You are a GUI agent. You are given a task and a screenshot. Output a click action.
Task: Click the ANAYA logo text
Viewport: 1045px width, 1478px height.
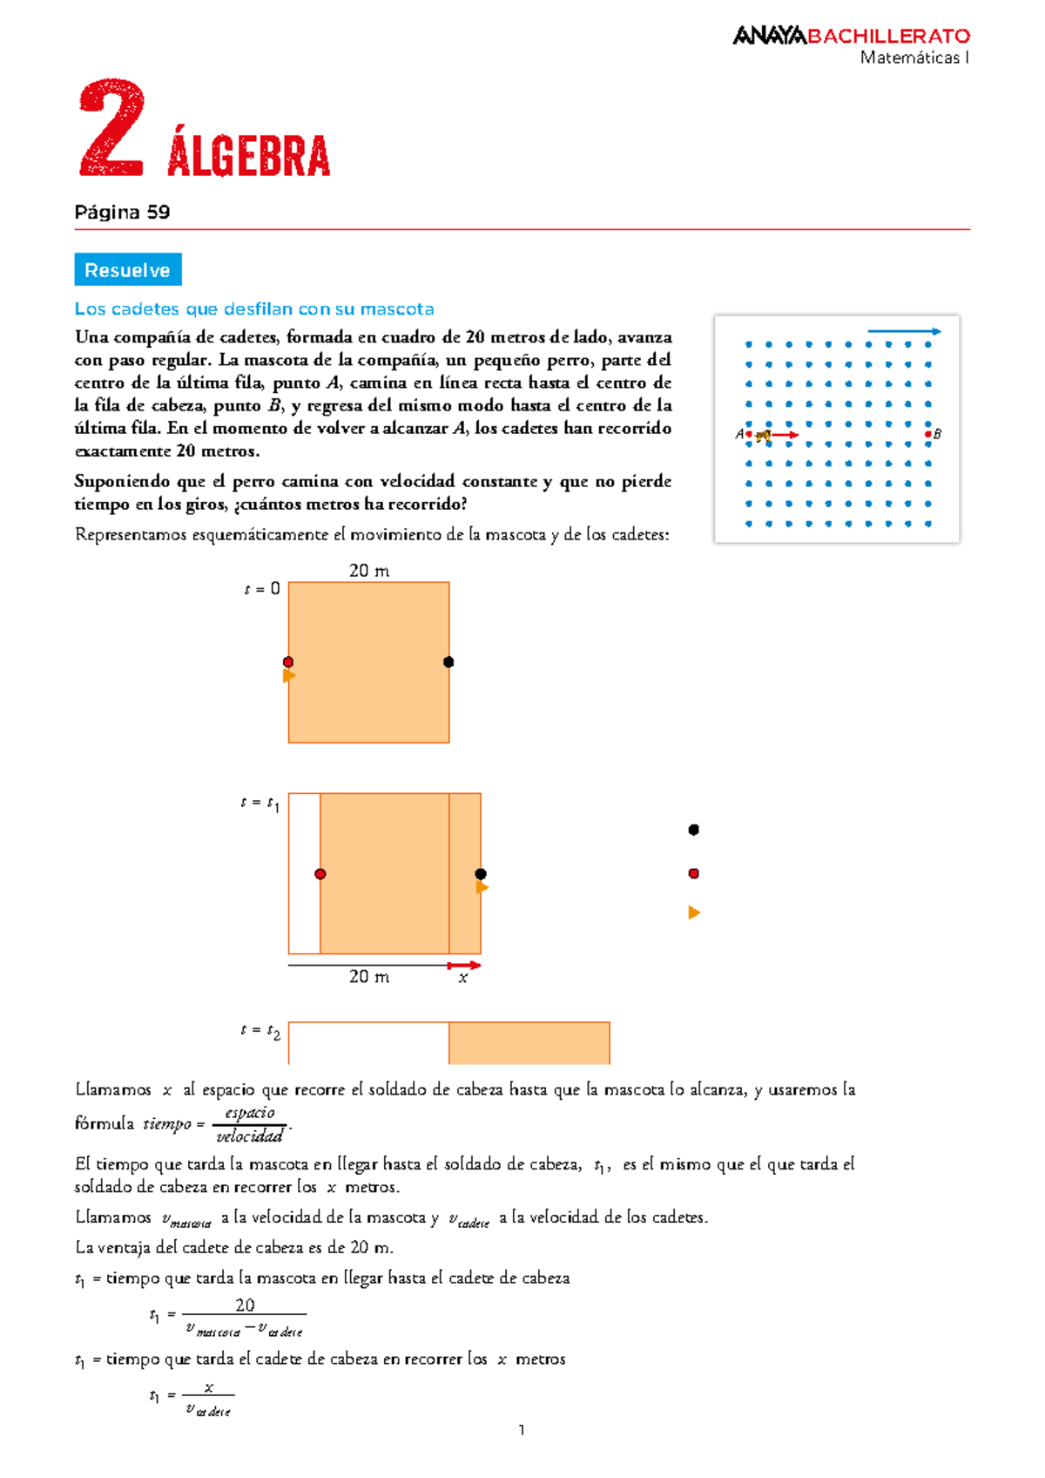tap(770, 36)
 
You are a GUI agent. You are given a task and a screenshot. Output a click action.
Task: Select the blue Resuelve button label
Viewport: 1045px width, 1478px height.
tap(127, 270)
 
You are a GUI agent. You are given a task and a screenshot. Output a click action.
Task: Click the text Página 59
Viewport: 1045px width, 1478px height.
tap(122, 213)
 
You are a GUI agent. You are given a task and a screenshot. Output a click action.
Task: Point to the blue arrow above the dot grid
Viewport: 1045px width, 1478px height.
tap(904, 331)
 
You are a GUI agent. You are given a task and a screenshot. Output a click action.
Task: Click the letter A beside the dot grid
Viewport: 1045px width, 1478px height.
tap(739, 434)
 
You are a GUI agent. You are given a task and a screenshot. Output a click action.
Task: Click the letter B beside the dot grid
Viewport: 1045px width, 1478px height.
tap(938, 434)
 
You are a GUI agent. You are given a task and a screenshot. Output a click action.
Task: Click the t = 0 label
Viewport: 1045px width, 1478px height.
tap(262, 589)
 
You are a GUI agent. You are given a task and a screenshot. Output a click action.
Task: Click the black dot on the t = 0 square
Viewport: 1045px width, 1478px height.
tap(448, 662)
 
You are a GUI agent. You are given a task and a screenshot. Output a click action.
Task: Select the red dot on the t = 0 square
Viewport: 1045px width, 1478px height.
tap(288, 662)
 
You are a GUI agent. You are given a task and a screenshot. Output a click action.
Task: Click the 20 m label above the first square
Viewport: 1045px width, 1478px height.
tap(369, 571)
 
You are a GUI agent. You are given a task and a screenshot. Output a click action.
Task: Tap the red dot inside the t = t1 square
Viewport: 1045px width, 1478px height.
tap(320, 874)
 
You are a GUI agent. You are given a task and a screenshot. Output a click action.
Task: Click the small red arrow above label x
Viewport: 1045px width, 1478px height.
tap(463, 965)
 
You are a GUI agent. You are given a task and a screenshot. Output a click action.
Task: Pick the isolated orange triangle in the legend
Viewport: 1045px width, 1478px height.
tap(694, 912)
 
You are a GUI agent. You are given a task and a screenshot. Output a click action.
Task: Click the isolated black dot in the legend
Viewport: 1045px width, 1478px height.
tap(694, 830)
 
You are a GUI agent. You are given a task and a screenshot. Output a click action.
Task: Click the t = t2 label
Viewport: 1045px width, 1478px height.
tap(260, 1031)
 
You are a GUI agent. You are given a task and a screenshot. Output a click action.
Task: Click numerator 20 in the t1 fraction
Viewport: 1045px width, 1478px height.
tap(245, 1305)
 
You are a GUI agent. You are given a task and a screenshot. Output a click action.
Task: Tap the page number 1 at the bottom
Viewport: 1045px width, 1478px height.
tap(522, 1429)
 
